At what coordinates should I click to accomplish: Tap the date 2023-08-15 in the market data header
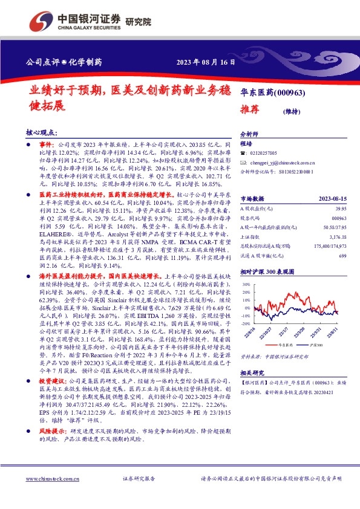pyautogui.click(x=327, y=198)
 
